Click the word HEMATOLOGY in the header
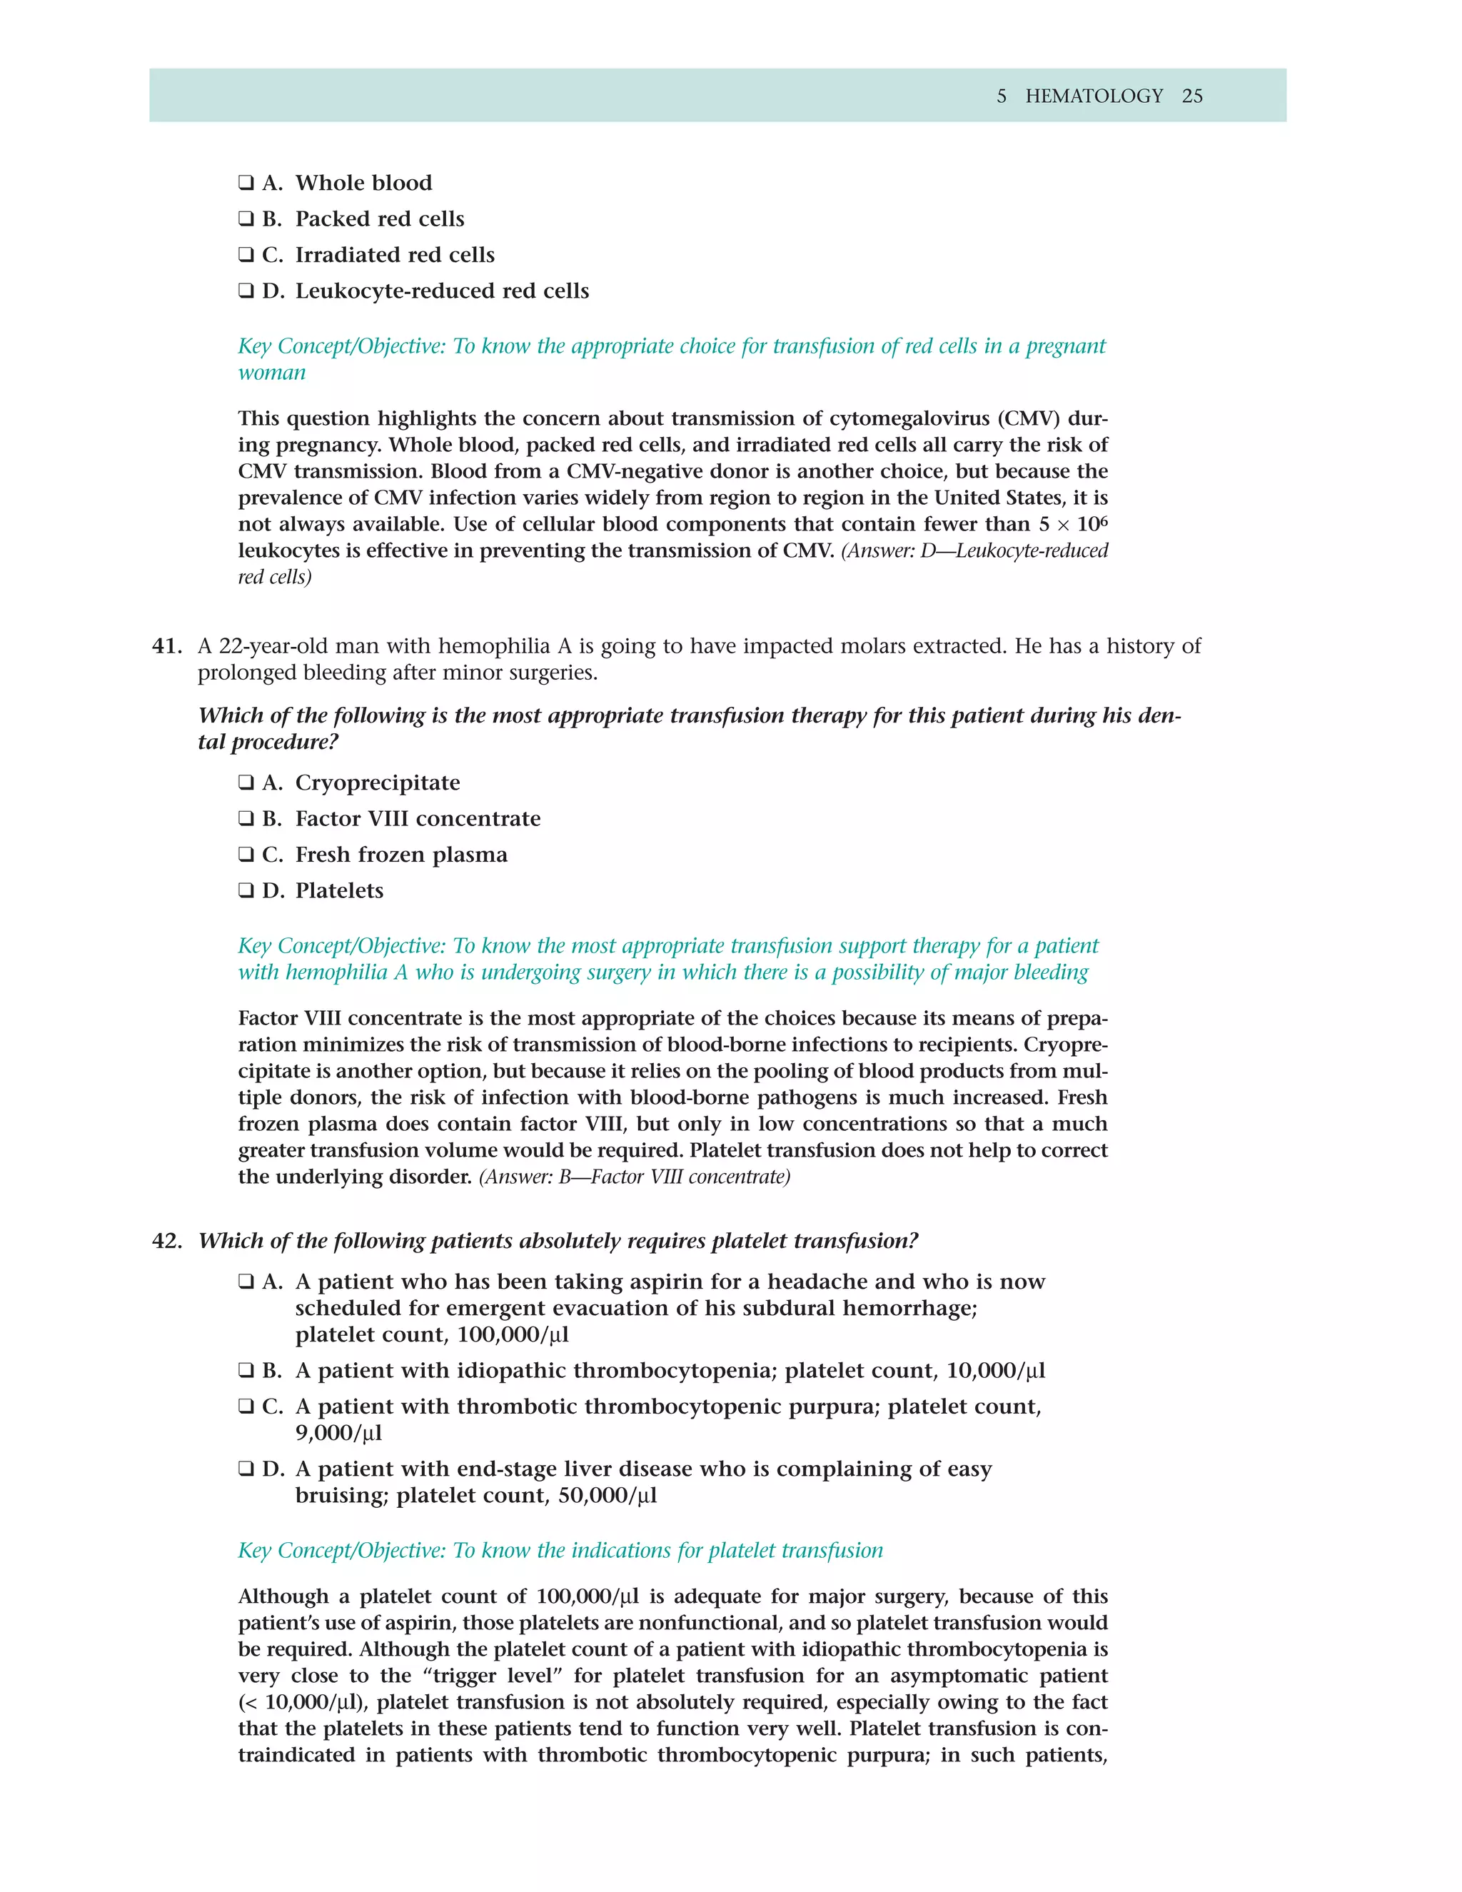(1094, 96)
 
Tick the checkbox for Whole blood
(246, 183)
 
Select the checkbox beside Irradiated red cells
(246, 255)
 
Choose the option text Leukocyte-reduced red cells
(442, 291)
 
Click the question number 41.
(166, 646)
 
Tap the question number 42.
(166, 1241)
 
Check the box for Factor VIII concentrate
(246, 819)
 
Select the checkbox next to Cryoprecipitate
(246, 783)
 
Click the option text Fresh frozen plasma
(401, 855)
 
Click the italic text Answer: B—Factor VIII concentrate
(634, 1177)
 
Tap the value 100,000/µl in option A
(513, 1335)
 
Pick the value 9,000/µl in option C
(338, 1433)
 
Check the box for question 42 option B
(246, 1371)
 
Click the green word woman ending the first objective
(272, 373)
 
